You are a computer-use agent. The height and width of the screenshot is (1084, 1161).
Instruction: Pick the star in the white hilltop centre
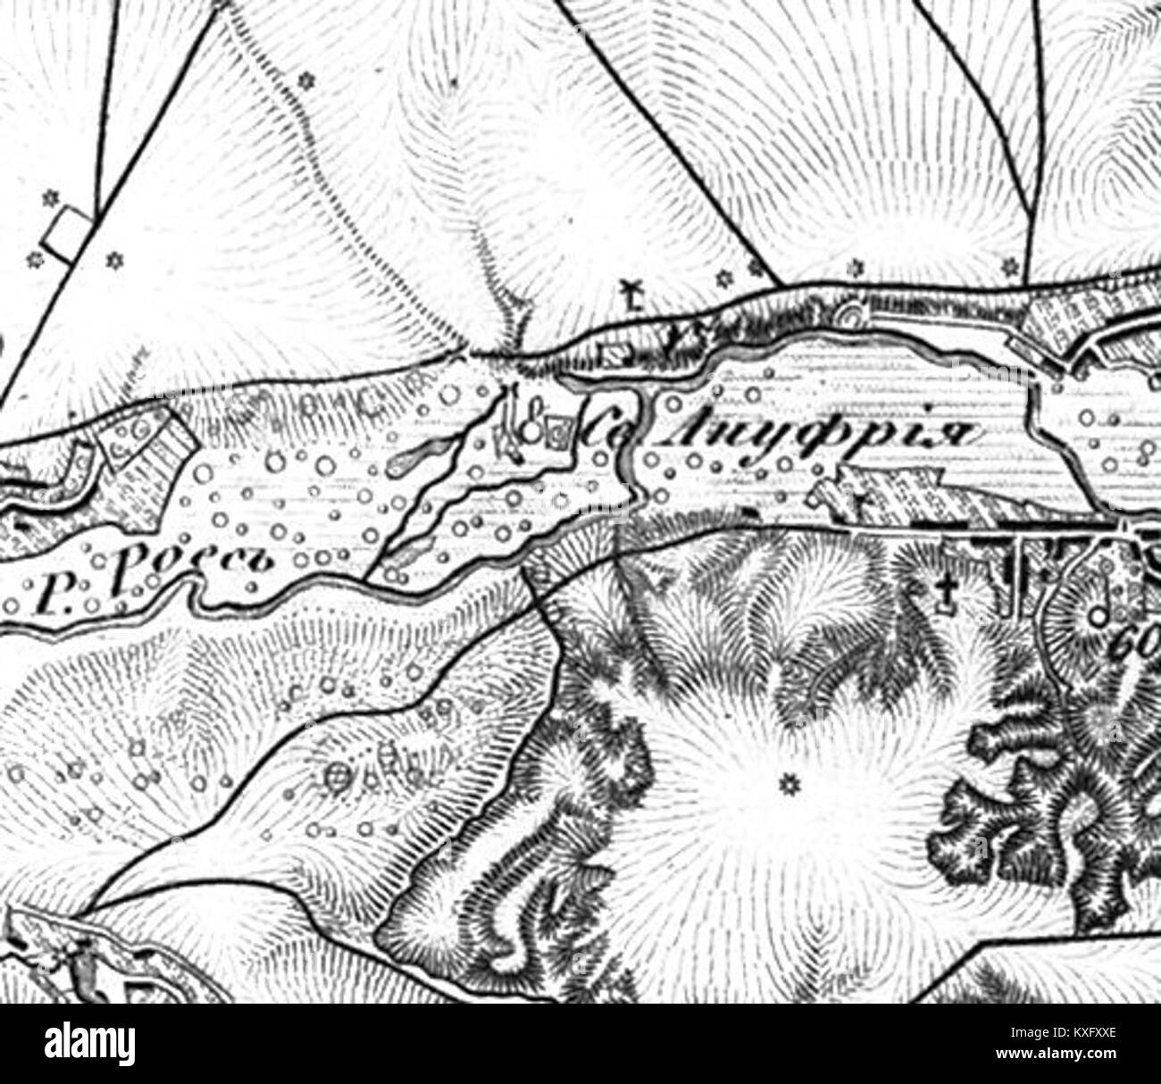pos(788,784)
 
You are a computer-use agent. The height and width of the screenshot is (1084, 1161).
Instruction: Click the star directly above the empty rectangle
pos(49,195)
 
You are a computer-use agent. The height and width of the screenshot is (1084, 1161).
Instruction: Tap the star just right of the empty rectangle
pos(113,260)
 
